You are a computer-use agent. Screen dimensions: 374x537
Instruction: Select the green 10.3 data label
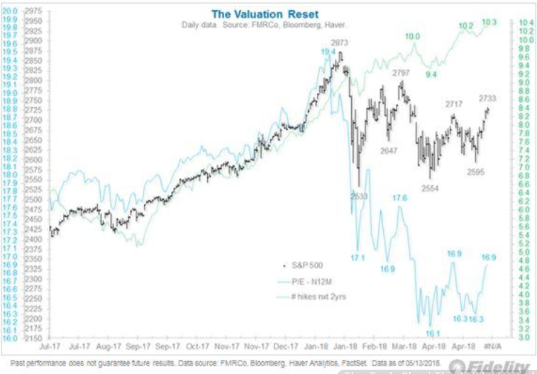click(489, 23)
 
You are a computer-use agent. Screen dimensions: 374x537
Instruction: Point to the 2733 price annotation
click(487, 98)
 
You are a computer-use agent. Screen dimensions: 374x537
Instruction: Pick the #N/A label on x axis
click(493, 348)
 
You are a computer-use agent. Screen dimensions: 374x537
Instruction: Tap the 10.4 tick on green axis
click(526, 23)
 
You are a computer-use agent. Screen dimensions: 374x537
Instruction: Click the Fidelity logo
click(504, 366)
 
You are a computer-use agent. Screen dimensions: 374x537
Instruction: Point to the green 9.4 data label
click(431, 74)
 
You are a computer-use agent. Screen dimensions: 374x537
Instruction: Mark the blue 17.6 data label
click(400, 198)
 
